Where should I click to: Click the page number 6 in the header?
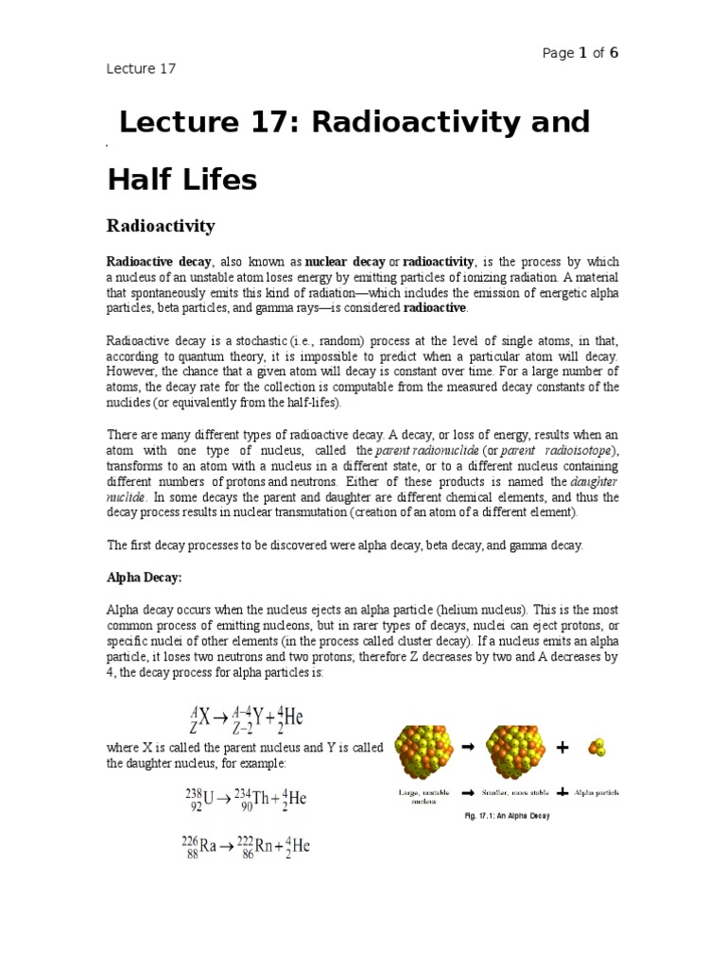pyautogui.click(x=614, y=53)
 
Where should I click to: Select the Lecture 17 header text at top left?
pyautogui.click(x=140, y=68)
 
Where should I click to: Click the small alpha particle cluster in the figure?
pyautogui.click(x=596, y=748)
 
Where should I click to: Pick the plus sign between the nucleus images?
pyautogui.click(x=563, y=748)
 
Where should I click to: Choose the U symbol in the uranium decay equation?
pyautogui.click(x=209, y=800)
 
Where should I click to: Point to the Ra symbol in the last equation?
pyautogui.click(x=209, y=847)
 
